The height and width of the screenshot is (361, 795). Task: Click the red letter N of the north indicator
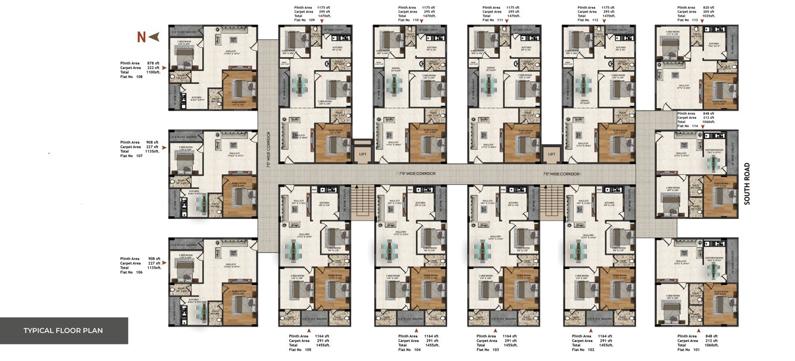tap(141, 37)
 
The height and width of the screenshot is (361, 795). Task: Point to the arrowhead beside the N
tap(154, 37)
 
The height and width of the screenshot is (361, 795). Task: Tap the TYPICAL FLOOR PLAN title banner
tap(64, 331)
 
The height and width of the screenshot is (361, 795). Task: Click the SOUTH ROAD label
tap(747, 184)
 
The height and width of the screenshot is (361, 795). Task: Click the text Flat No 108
tap(132, 77)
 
